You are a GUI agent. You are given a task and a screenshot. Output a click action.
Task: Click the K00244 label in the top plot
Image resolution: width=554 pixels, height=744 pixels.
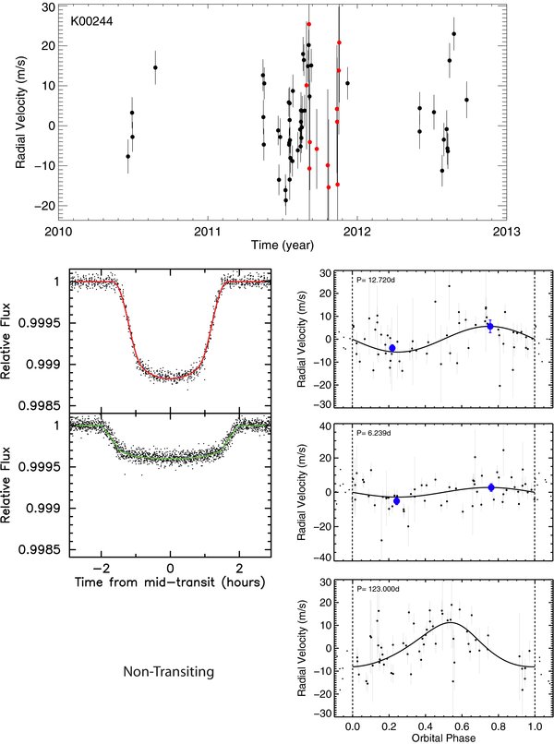pyautogui.click(x=92, y=21)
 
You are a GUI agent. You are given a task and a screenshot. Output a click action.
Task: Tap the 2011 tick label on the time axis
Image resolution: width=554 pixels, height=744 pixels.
pyautogui.click(x=208, y=232)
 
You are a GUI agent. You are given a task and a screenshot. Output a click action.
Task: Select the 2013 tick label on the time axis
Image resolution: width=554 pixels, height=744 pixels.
pyautogui.click(x=506, y=232)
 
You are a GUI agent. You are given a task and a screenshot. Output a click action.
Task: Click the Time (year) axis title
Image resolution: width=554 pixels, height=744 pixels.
pyautogui.click(x=283, y=246)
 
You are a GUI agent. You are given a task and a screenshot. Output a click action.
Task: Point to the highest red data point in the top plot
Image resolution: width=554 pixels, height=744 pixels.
pyautogui.click(x=308, y=24)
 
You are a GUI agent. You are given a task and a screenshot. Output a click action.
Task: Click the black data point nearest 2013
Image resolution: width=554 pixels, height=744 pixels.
pyautogui.click(x=466, y=100)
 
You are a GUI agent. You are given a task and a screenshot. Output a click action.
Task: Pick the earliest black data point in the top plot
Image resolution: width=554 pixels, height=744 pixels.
pyautogui.click(x=127, y=156)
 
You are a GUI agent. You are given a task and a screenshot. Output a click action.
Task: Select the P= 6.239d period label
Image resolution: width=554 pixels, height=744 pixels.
pyautogui.click(x=374, y=433)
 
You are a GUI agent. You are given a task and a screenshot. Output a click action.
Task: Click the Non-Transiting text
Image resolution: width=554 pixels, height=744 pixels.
pyautogui.click(x=169, y=672)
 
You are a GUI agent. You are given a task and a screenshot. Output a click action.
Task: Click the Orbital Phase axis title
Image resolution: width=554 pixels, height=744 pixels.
pyautogui.click(x=443, y=738)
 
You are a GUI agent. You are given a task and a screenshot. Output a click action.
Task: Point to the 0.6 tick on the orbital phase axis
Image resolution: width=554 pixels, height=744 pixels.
pyautogui.click(x=462, y=726)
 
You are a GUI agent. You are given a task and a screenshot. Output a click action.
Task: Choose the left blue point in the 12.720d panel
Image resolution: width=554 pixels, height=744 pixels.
pyautogui.click(x=392, y=348)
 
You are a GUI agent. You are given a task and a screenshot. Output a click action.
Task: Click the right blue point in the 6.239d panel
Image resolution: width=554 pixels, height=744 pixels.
pyautogui.click(x=491, y=487)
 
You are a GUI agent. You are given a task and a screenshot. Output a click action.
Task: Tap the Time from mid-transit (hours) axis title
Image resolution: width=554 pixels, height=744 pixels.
pyautogui.click(x=170, y=582)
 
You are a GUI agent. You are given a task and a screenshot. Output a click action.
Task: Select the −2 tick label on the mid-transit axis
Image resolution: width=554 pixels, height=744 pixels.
pyautogui.click(x=100, y=568)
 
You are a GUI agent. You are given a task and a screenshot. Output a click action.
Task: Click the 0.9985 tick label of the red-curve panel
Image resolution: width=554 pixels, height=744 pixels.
pyautogui.click(x=39, y=406)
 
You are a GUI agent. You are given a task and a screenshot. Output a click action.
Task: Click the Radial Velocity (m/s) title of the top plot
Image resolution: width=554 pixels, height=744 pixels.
pyautogui.click(x=20, y=113)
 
